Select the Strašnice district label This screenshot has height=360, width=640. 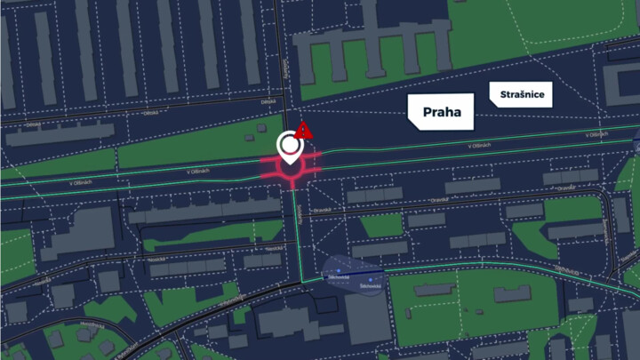coord(522,94)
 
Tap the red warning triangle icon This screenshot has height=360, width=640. coord(305,130)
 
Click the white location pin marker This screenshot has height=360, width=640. coord(289,147)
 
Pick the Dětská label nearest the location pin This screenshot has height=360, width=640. coord(268,103)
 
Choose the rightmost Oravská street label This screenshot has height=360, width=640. coord(565,188)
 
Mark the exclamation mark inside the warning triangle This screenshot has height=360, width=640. coord(305,132)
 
